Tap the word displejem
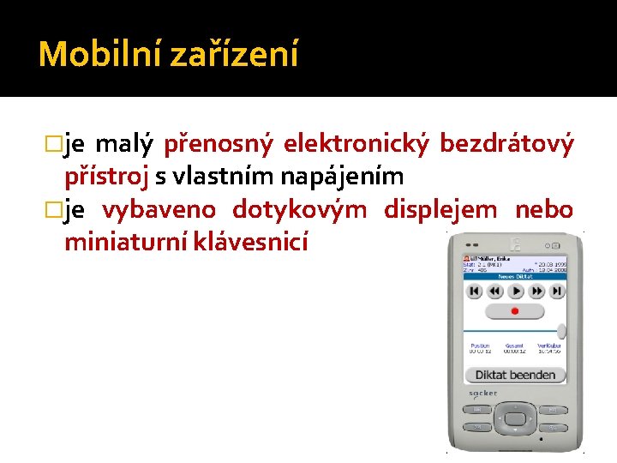tap(440, 210)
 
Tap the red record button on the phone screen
tap(515, 292)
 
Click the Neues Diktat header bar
tap(514, 276)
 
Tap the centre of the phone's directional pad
tap(514, 418)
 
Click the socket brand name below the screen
tap(482, 393)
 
